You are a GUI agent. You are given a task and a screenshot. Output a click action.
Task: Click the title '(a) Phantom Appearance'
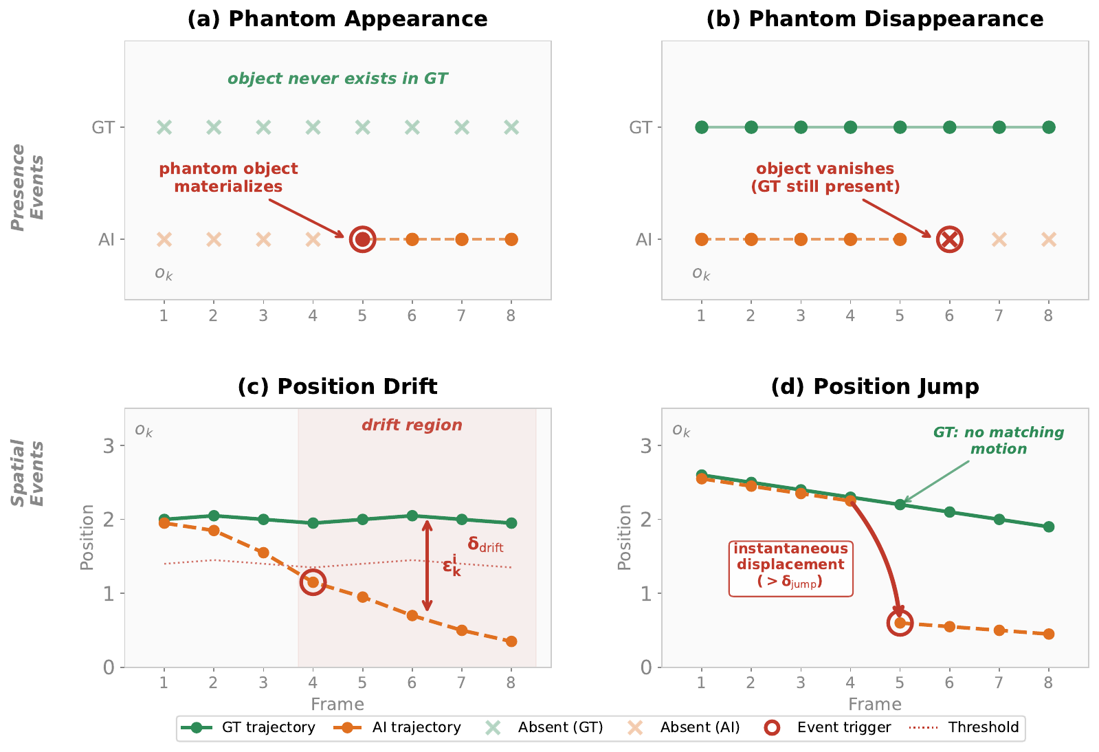pos(337,20)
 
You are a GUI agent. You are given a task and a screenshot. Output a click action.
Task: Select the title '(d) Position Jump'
pos(875,386)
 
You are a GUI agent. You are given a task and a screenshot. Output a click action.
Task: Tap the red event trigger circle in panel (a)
pos(363,239)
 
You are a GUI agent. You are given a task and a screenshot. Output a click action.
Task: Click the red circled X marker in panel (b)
pos(949,239)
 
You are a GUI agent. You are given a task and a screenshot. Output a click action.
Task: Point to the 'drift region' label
pos(412,425)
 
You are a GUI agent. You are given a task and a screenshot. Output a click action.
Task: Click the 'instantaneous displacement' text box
pos(791,568)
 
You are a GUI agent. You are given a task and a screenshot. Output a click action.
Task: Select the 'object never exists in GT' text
pos(337,78)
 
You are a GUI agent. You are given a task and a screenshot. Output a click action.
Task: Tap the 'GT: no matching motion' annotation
pos(999,440)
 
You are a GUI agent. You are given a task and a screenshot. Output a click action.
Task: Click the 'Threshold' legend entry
pos(964,727)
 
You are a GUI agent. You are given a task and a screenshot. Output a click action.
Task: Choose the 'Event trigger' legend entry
pos(828,727)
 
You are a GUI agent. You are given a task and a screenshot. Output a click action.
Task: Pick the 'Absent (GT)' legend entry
pos(544,727)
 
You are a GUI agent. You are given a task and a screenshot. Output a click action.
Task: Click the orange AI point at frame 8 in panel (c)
pos(511,641)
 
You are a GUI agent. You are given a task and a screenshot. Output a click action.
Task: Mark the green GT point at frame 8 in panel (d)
pos(1048,527)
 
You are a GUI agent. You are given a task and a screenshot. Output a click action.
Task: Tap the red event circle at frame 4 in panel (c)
pos(313,582)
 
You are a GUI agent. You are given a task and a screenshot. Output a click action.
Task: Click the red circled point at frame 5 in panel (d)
pos(900,623)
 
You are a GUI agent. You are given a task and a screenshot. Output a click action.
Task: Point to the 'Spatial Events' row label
pos(27,473)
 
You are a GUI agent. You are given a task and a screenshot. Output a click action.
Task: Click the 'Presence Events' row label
pos(27,187)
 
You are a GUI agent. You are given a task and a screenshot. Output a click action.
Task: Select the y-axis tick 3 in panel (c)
pos(109,446)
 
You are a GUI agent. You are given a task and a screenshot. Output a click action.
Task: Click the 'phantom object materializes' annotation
pos(228,177)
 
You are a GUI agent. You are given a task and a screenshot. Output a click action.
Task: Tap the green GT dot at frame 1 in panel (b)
pos(702,128)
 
